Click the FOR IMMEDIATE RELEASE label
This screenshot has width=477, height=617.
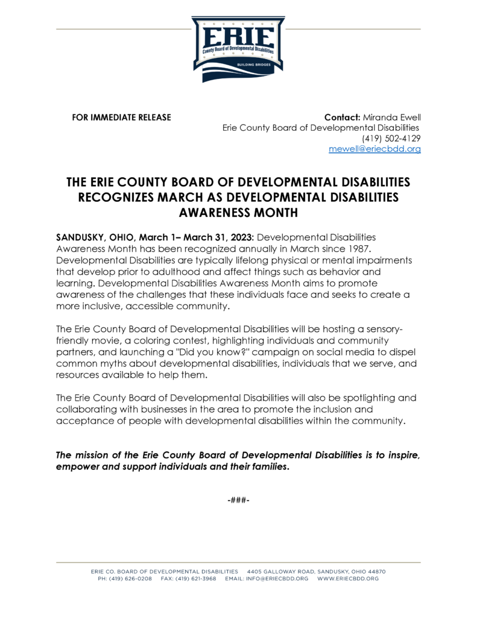click(x=121, y=117)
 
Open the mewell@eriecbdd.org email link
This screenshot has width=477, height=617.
click(x=374, y=149)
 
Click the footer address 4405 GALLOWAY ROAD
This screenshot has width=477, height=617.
click(x=283, y=571)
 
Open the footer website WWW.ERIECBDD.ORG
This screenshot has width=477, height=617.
click(x=348, y=578)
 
